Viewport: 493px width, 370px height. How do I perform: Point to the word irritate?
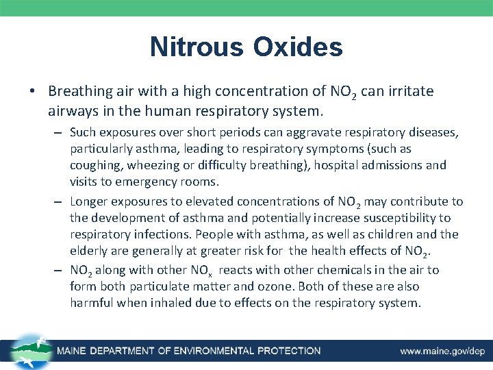(x=409, y=91)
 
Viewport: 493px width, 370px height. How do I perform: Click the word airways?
(x=71, y=110)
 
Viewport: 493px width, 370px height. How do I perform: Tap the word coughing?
(x=94, y=165)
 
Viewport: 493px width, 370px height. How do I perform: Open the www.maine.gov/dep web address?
(x=442, y=351)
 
